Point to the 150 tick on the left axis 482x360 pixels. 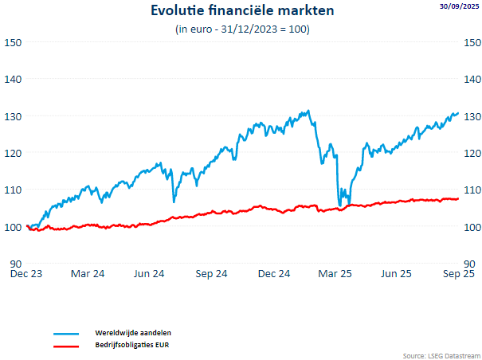click(x=14, y=42)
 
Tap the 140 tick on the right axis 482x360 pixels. click(x=472, y=79)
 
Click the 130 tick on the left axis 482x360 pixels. click(x=14, y=116)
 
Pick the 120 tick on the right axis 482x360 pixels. click(x=472, y=153)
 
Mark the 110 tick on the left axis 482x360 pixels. click(x=14, y=190)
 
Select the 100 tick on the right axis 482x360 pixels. click(x=472, y=227)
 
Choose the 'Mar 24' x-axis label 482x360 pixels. click(x=88, y=274)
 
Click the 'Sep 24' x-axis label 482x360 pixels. click(x=211, y=274)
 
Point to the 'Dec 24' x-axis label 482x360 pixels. click(x=273, y=274)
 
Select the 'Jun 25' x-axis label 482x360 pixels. click(x=396, y=274)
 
